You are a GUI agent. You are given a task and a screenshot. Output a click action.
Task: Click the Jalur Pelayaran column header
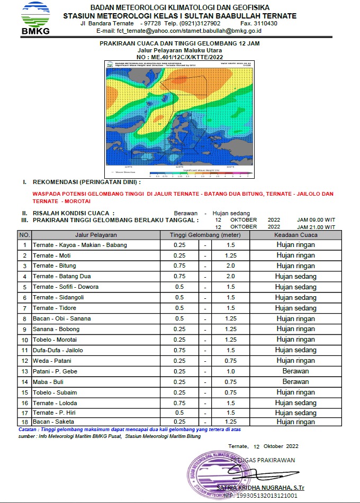click(96, 235)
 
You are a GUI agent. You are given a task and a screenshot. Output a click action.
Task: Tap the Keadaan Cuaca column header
click(295, 235)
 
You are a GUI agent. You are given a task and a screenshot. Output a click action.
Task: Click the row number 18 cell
click(24, 422)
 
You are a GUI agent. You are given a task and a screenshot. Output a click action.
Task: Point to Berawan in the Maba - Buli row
click(295, 382)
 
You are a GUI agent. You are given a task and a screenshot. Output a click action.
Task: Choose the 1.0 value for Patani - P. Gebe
click(230, 371)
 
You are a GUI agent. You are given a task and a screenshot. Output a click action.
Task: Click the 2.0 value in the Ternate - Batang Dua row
click(230, 277)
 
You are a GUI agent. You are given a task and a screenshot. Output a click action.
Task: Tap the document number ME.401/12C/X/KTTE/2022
click(179, 57)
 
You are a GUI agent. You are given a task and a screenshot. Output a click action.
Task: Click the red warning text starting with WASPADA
click(183, 197)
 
